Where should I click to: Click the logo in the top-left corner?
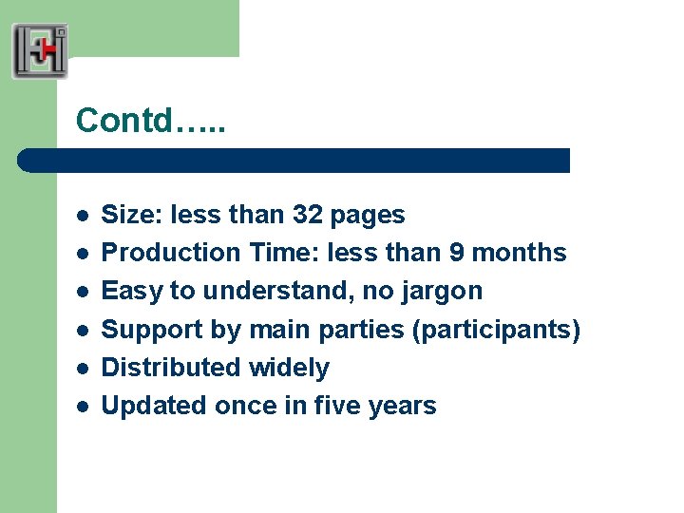click(x=40, y=51)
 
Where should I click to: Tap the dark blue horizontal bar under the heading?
click(x=294, y=161)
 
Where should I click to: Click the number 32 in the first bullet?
click(x=307, y=216)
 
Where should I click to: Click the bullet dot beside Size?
click(x=83, y=216)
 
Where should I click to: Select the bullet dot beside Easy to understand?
click(x=83, y=292)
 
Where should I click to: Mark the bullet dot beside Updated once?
click(x=83, y=406)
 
